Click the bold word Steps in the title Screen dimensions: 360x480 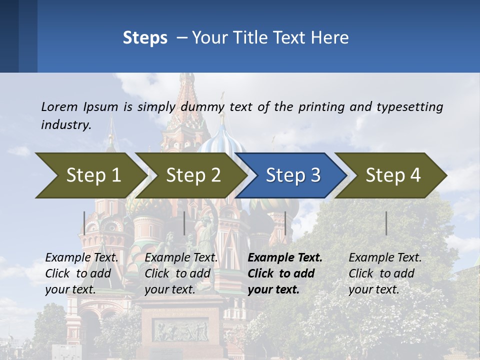click(x=145, y=38)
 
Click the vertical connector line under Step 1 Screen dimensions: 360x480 click(x=84, y=223)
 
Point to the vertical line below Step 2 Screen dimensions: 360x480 click(x=184, y=223)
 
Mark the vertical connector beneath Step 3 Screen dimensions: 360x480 click(x=285, y=223)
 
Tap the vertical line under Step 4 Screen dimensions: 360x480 click(x=386, y=223)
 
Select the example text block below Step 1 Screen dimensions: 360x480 click(x=81, y=273)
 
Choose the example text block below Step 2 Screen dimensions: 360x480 click(x=181, y=273)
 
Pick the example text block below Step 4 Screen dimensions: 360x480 click(x=385, y=273)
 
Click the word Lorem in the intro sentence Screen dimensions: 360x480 click(x=59, y=106)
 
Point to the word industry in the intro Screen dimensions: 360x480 click(x=66, y=124)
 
